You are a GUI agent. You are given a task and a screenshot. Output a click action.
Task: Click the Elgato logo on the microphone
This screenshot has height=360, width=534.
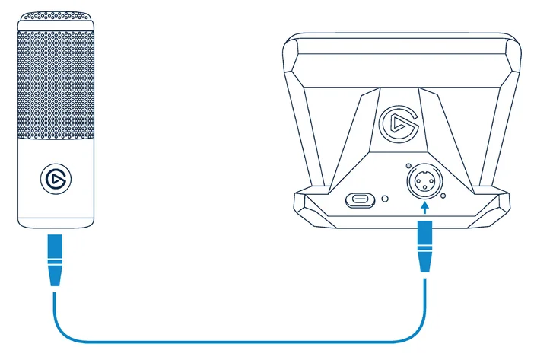(55, 179)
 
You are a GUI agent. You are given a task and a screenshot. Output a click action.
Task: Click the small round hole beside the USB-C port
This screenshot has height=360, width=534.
(386, 199)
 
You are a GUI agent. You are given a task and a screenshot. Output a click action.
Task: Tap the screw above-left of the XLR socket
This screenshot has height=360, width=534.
(409, 167)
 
